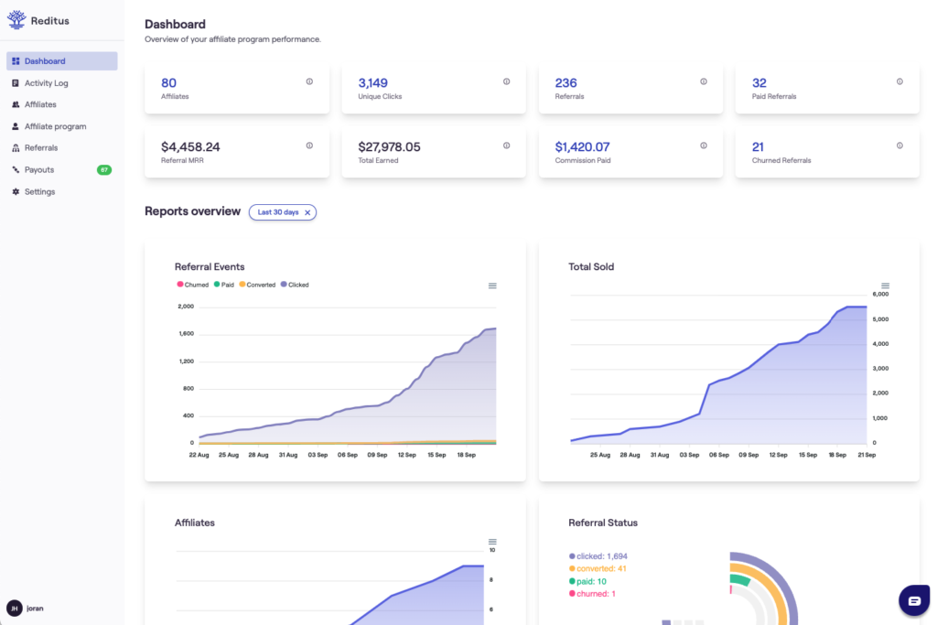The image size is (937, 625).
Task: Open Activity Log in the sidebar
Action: (46, 83)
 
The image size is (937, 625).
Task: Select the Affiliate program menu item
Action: (55, 126)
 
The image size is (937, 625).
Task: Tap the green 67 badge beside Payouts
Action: (104, 170)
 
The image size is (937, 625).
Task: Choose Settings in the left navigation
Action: (39, 192)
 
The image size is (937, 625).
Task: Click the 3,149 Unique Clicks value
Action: (372, 83)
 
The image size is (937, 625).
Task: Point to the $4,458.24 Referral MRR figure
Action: (190, 146)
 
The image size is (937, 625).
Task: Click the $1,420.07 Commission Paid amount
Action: (582, 146)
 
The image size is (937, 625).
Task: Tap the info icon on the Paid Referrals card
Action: (899, 81)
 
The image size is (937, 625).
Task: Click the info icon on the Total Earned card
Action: (506, 145)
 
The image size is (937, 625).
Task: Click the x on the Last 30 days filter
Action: (307, 212)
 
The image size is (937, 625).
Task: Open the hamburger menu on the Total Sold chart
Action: (885, 286)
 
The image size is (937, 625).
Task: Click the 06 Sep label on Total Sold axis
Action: (719, 455)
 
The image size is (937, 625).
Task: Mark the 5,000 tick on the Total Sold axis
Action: (880, 319)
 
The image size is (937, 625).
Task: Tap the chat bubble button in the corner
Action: (913, 600)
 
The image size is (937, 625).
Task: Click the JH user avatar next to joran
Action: (15, 608)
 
